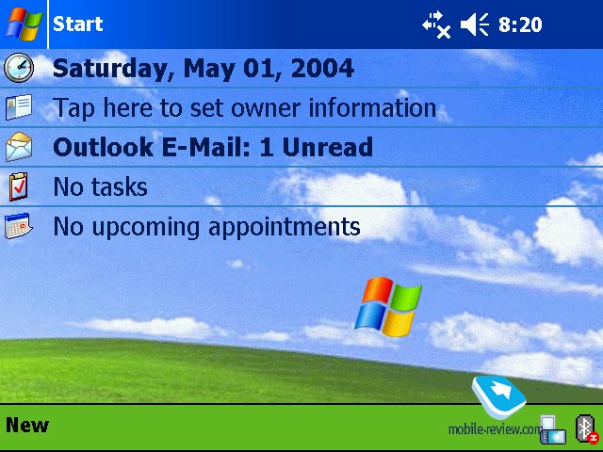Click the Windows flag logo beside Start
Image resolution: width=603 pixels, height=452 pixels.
(24, 24)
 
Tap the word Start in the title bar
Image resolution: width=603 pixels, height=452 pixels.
(77, 24)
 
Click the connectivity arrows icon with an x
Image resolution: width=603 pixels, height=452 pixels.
(436, 25)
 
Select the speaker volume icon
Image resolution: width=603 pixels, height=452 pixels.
(475, 24)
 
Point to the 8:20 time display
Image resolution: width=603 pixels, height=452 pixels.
(520, 25)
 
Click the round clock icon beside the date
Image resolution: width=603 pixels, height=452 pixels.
(19, 68)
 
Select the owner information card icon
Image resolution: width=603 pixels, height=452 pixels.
(19, 106)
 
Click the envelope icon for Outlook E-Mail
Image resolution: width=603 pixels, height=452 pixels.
(19, 147)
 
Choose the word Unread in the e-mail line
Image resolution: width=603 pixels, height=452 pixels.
(327, 147)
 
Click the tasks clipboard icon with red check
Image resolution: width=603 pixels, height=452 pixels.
(19, 186)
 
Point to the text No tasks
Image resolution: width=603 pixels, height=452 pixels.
(100, 186)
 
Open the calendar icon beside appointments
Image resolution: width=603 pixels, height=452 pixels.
(19, 226)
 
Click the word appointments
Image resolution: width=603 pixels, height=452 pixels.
(284, 227)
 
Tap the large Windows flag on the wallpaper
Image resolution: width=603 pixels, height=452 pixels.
(387, 306)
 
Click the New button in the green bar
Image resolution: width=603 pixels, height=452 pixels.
(27, 426)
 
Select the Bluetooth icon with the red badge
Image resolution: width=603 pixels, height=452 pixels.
(587, 428)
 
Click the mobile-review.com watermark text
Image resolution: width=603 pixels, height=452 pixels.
(495, 429)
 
